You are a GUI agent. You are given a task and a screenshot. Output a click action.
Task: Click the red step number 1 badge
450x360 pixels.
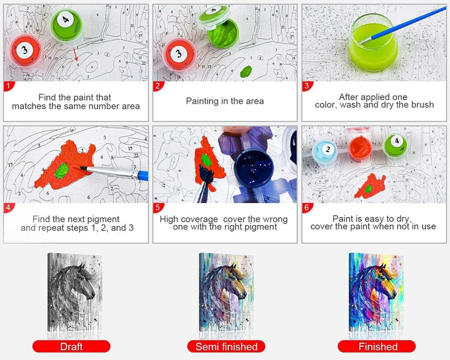[8, 86]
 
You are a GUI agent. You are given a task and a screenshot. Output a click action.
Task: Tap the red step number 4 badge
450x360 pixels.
[8, 207]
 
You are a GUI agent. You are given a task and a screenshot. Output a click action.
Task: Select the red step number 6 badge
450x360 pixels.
[307, 207]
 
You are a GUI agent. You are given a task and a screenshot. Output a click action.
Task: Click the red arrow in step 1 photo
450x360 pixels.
[75, 54]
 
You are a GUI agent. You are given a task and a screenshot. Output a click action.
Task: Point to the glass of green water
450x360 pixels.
[373, 42]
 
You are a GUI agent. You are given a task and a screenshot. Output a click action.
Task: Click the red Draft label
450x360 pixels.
[71, 346]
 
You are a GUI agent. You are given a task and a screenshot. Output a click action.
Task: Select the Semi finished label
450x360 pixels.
[226, 346]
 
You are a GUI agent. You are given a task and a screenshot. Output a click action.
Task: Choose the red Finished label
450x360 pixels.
[377, 346]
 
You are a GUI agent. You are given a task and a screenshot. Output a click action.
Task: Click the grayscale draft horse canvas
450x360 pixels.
[74, 292]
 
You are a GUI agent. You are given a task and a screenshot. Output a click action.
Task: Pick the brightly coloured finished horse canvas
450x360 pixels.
[376, 292]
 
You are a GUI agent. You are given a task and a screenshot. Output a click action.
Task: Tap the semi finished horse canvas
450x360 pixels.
[226, 292]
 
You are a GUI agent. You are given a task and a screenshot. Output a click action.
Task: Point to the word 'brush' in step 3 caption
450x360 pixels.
[422, 105]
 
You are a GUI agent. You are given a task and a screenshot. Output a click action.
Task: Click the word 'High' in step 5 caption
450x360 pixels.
[168, 219]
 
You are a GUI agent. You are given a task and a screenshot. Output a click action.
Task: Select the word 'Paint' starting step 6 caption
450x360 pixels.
[341, 219]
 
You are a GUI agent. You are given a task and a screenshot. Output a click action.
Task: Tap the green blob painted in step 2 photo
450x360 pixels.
[246, 71]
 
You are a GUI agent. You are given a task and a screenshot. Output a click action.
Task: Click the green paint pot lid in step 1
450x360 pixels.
[67, 24]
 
